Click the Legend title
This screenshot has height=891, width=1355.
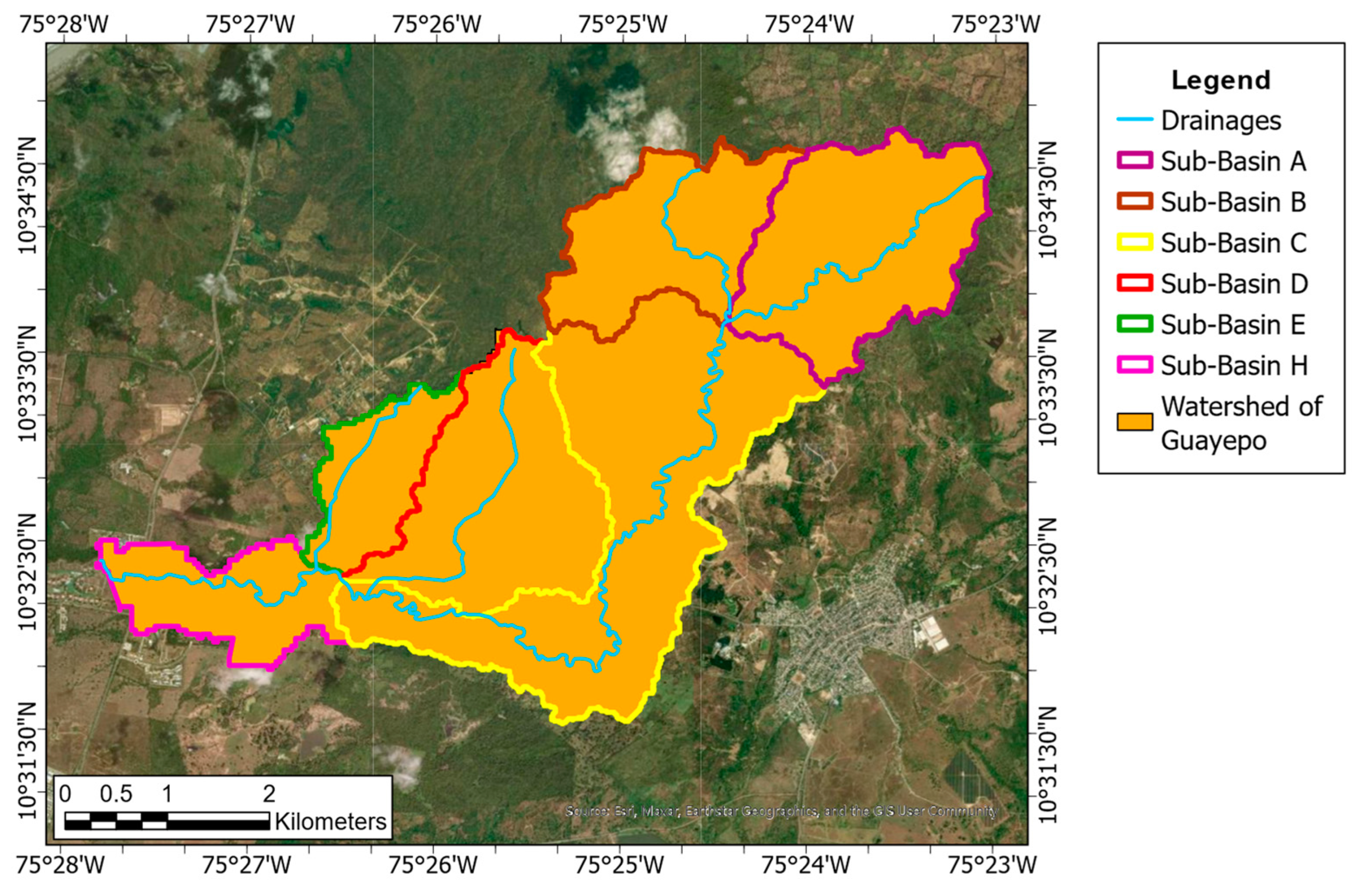(x=1221, y=80)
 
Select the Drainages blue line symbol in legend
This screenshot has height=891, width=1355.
(x=1135, y=120)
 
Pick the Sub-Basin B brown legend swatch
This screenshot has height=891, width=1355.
(x=1135, y=202)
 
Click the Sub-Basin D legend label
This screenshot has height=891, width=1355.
(x=1234, y=283)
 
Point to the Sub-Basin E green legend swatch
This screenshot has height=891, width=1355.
(x=1135, y=324)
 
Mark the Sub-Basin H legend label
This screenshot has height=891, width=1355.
(x=1234, y=365)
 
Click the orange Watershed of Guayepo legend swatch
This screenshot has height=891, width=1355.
(x=1135, y=422)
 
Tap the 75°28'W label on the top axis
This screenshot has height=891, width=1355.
(x=64, y=25)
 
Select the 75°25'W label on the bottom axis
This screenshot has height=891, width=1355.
(x=619, y=865)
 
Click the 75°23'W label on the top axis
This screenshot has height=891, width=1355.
(x=995, y=25)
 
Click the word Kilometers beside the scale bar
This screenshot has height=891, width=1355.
(x=330, y=821)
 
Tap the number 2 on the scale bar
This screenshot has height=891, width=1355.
(x=269, y=793)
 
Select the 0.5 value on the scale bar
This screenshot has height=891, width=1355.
(x=116, y=793)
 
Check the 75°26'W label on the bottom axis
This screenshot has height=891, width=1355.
(x=433, y=865)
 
